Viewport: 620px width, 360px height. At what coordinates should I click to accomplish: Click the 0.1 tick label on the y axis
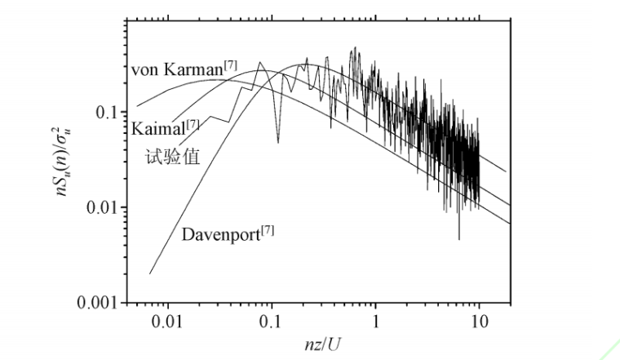point(104,112)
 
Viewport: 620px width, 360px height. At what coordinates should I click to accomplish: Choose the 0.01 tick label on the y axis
point(100,207)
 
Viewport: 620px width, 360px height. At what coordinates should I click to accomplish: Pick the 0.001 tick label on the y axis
point(96,303)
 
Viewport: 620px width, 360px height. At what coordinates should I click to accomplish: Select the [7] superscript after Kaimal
point(193,123)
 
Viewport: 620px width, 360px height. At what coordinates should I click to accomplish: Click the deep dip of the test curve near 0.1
point(278,142)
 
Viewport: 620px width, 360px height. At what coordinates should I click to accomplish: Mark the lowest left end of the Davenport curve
point(150,273)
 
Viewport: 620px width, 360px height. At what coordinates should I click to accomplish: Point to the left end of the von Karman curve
point(137,106)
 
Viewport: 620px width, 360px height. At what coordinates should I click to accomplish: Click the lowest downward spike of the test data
point(459,239)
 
